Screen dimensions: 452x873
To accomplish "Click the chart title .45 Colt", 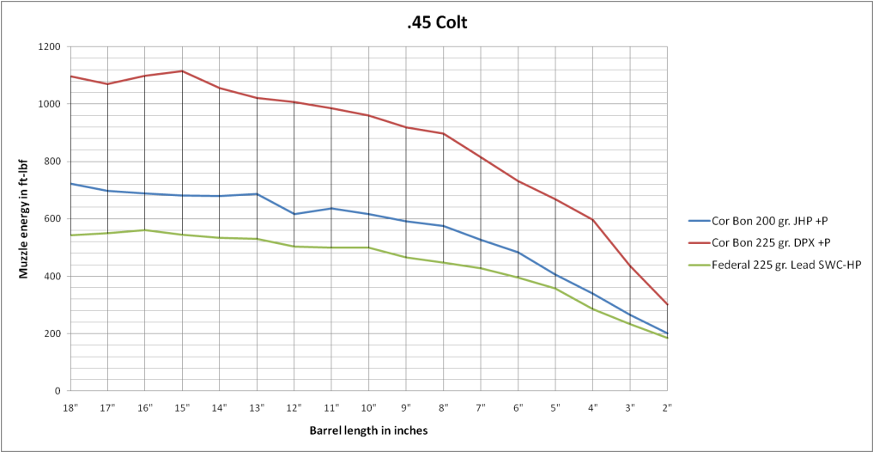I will [x=437, y=22].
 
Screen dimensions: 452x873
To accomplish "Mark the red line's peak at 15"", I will [x=182, y=71].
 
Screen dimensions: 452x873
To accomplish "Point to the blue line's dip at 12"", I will [x=294, y=214].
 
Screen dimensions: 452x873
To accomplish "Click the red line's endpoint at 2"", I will [x=667, y=304].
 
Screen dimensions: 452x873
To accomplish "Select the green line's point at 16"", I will [x=145, y=230].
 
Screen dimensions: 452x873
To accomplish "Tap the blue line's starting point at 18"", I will [x=70, y=183].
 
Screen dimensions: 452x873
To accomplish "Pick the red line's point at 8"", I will [x=443, y=133].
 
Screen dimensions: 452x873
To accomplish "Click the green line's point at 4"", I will [x=592, y=308].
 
